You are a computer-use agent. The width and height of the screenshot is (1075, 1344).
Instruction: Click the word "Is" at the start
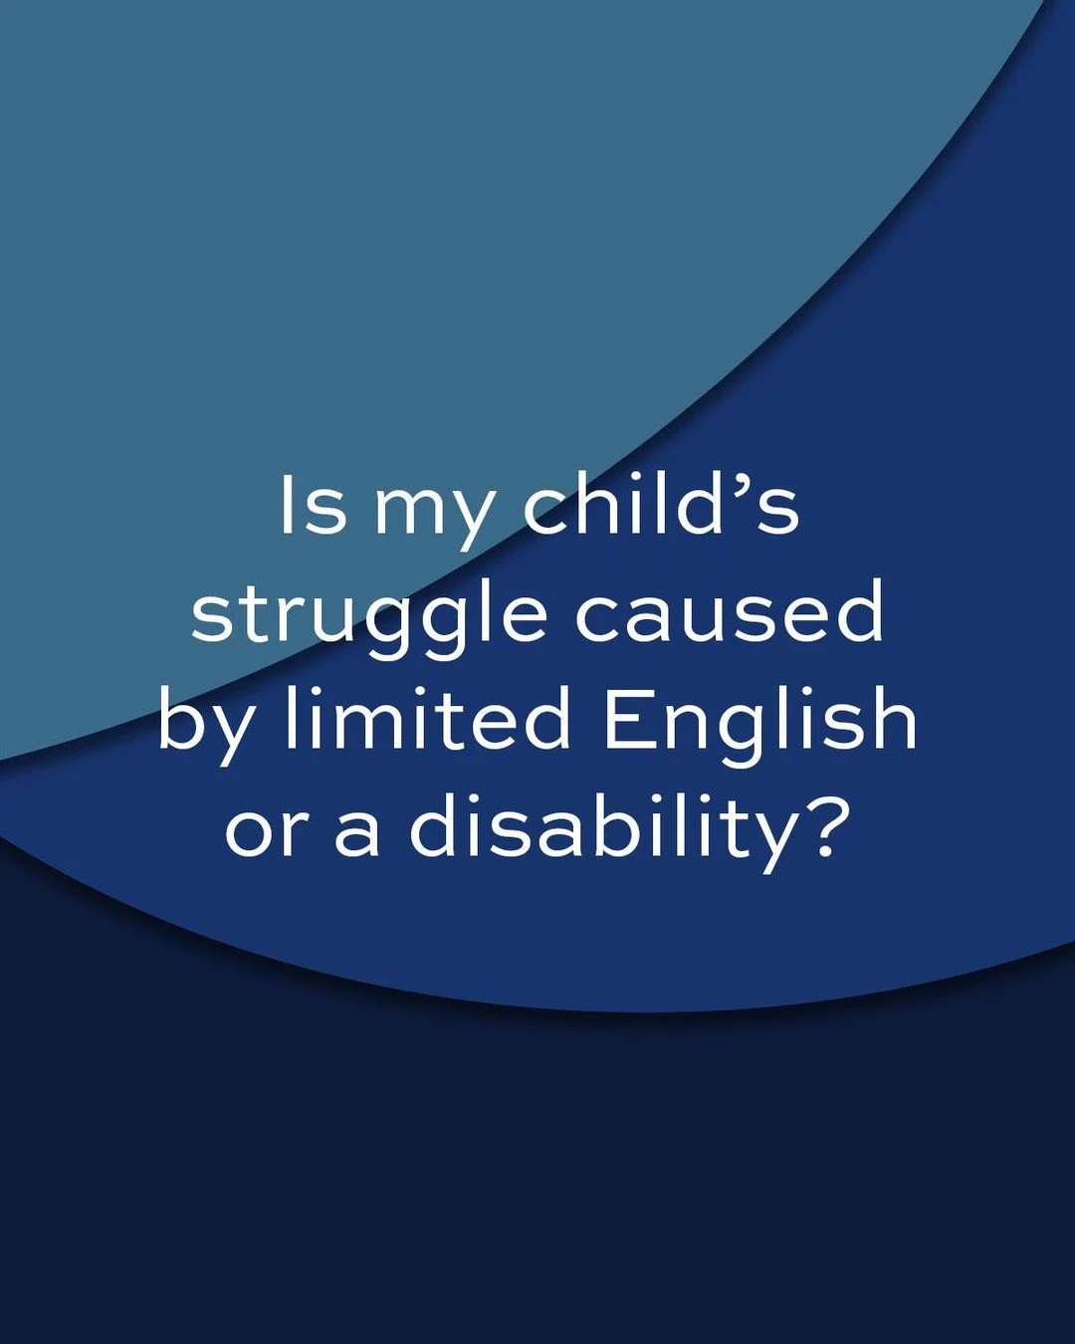click(312, 505)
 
